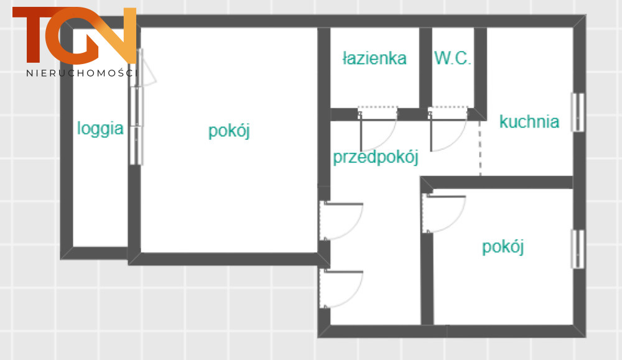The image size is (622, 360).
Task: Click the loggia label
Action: click(x=100, y=129)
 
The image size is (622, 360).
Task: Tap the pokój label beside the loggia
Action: click(x=229, y=131)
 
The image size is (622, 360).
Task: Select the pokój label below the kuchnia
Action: click(x=503, y=247)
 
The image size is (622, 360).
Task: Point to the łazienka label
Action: click(x=374, y=58)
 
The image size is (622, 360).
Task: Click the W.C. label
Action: click(x=452, y=58)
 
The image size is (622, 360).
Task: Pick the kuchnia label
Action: click(x=529, y=122)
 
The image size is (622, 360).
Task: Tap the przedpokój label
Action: click(x=375, y=157)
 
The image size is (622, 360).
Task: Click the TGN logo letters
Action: click(x=75, y=35)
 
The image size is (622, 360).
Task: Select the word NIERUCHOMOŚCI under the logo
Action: click(x=82, y=73)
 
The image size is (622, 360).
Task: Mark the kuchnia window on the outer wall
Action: click(x=578, y=112)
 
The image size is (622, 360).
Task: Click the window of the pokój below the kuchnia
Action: click(x=578, y=249)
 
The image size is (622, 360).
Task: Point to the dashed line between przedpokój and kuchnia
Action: click(x=480, y=147)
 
